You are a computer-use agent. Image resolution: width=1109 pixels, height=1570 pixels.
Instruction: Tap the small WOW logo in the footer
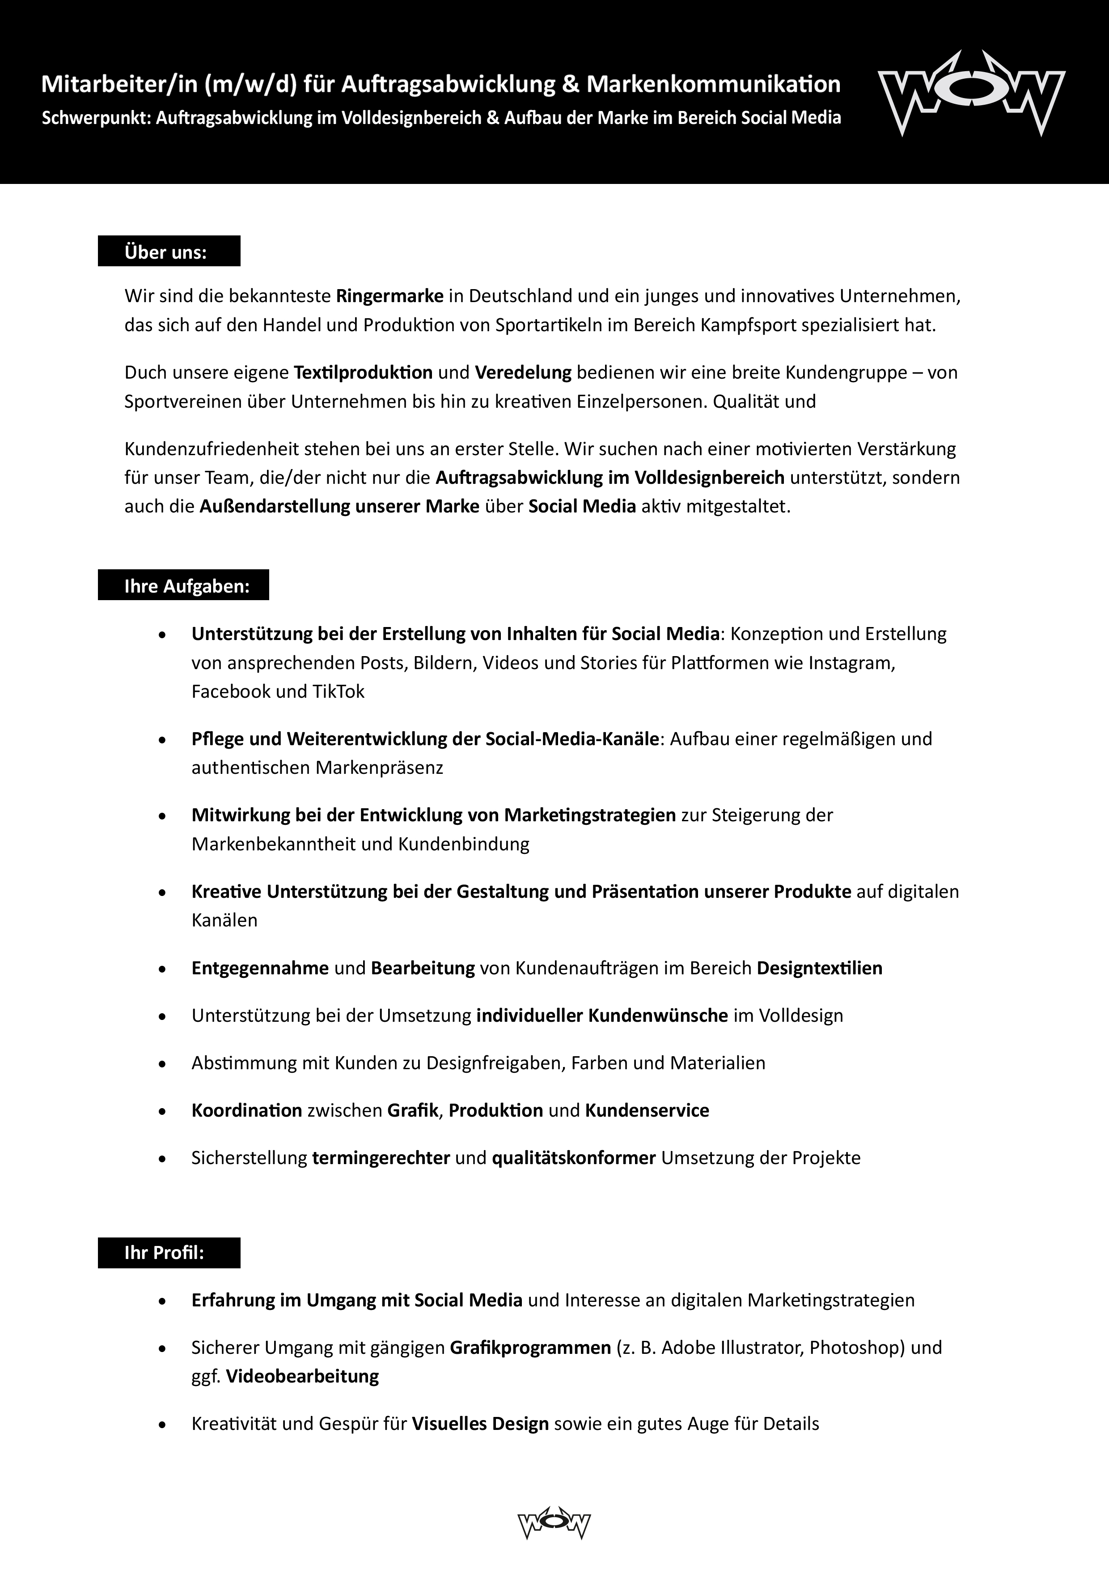554,1523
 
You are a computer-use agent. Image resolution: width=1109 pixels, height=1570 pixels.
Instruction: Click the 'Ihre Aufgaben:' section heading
186,586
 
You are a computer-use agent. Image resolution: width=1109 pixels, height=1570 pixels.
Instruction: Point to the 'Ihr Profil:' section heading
165,1253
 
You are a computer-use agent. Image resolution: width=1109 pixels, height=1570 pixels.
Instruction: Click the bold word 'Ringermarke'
389,296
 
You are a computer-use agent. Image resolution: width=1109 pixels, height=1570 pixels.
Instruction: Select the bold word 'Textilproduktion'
363,373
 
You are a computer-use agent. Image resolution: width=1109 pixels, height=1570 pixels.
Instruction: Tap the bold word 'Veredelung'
523,373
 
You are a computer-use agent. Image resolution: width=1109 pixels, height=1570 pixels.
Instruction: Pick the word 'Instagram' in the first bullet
851,663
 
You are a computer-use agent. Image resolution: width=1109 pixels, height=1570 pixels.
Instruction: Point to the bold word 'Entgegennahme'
260,968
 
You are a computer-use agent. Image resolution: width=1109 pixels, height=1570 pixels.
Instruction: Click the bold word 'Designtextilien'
819,968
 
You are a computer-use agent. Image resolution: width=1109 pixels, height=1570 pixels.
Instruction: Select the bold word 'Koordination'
247,1110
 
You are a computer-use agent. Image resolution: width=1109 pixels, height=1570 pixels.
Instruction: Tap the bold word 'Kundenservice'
647,1110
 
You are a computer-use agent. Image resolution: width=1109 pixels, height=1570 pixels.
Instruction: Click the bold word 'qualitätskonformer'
573,1158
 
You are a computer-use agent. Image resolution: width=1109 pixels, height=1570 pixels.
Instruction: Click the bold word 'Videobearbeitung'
302,1376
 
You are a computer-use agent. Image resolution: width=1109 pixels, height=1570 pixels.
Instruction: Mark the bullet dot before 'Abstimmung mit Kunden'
162,1063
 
